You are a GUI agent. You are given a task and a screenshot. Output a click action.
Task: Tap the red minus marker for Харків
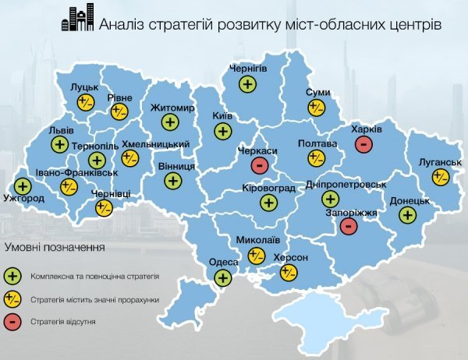(362, 144)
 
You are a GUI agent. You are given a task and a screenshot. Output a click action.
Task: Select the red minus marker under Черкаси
(259, 165)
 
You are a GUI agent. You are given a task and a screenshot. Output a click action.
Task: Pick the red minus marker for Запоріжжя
(349, 226)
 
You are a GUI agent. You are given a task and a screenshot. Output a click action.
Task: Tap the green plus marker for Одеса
(223, 277)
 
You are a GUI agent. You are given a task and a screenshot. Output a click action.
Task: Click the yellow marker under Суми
(316, 108)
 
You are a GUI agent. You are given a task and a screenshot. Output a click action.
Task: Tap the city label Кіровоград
(269, 189)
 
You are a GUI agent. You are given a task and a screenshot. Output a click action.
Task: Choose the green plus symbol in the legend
(12, 276)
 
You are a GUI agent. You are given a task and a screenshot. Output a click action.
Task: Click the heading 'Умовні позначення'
(54, 246)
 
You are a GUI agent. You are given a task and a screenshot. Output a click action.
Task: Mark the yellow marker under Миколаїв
(256, 255)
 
